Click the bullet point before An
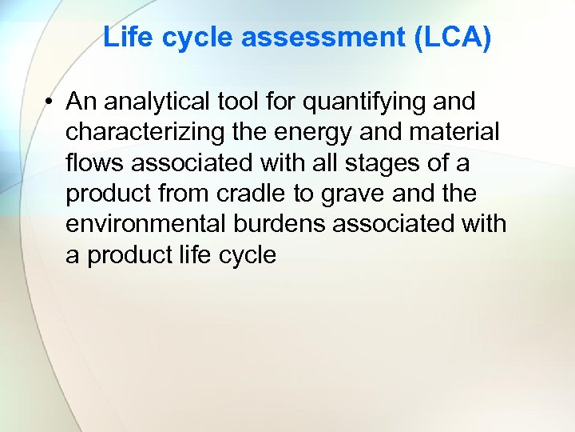[x=50, y=102]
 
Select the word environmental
[x=143, y=223]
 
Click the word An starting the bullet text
[x=80, y=102]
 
